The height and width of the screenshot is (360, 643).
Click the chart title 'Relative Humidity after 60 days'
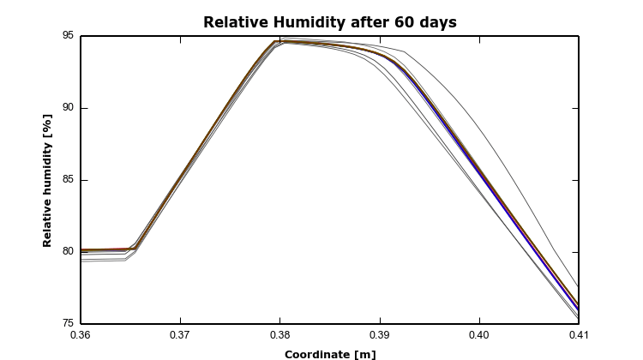pos(330,22)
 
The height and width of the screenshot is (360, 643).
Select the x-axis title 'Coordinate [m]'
pos(330,354)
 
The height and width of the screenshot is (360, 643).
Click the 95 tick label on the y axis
pos(67,36)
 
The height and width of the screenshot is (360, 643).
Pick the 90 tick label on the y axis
pos(67,108)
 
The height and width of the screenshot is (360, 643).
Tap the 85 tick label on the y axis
pos(67,180)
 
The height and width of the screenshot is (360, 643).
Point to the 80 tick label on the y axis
pos(67,252)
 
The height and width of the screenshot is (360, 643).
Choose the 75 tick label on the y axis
pos(67,324)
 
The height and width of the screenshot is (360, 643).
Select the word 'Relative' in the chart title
pos(231,22)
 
